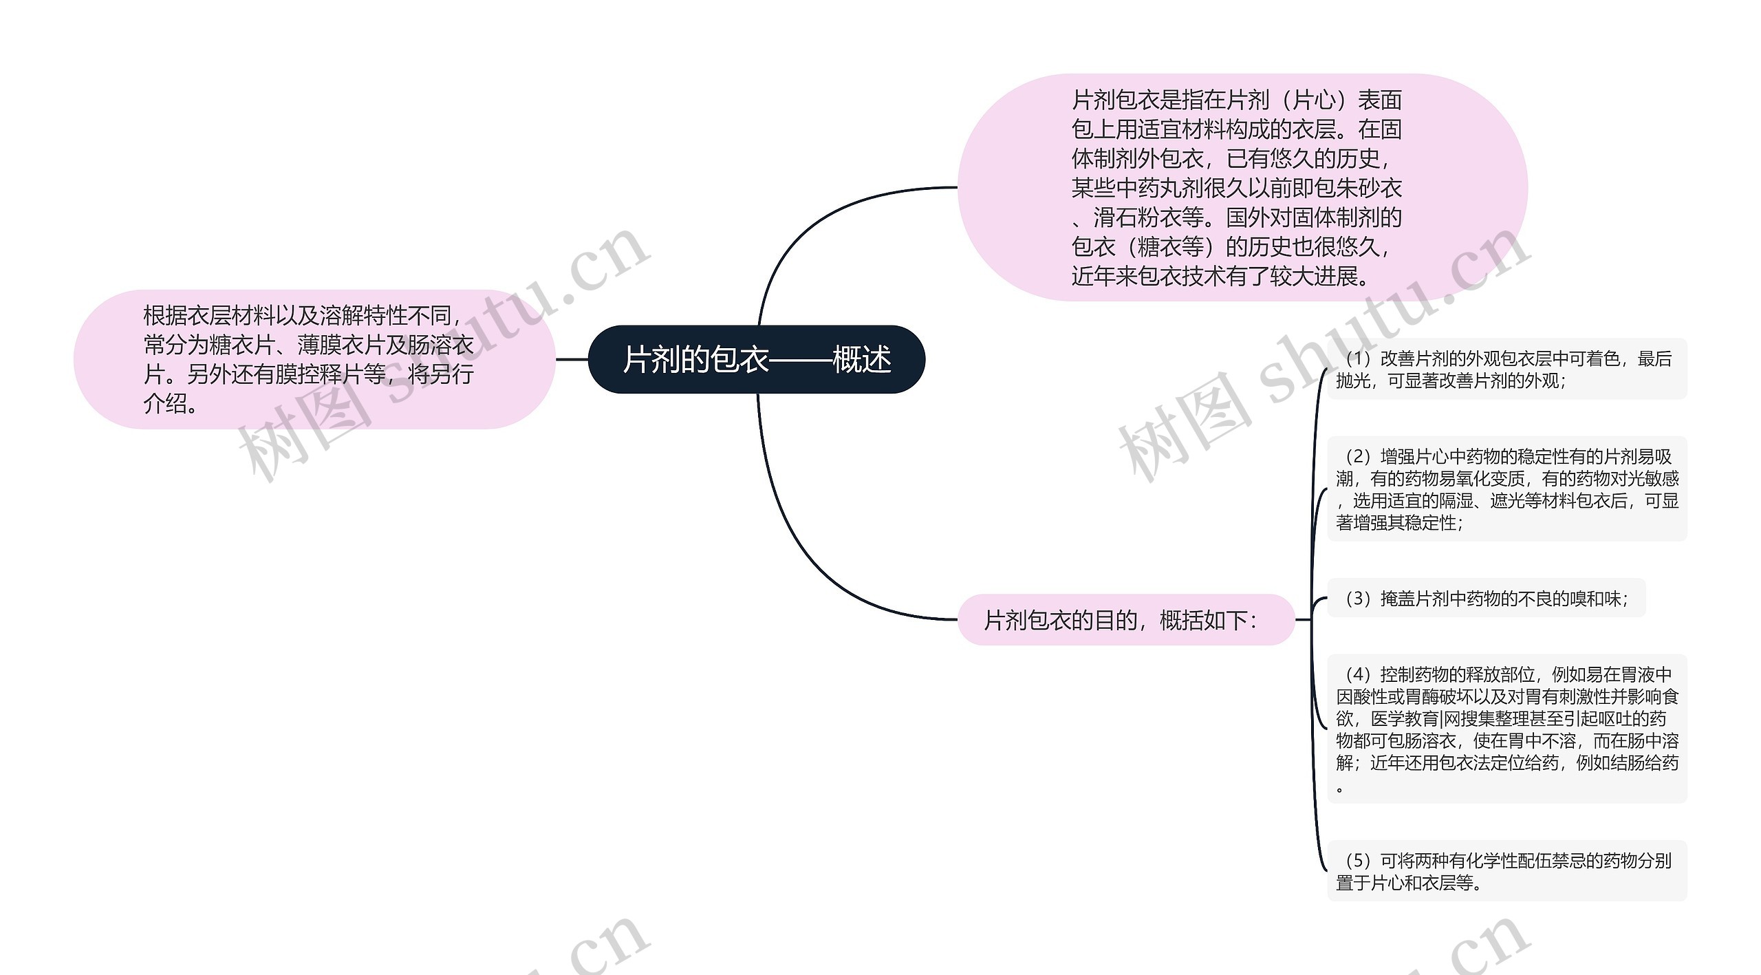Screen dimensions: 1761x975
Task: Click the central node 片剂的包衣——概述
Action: (756, 359)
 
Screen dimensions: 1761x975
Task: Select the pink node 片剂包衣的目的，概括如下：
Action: (1125, 620)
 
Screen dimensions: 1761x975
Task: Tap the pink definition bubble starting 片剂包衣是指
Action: (1242, 187)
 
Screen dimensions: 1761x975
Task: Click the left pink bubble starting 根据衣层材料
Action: (314, 359)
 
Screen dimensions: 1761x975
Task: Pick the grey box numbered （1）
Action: (1506, 369)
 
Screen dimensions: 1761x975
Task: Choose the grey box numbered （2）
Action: (1506, 489)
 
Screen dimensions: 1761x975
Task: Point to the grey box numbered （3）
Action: (1486, 599)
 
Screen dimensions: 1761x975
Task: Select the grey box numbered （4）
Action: (1506, 729)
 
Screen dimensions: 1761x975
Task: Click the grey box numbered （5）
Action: (1506, 870)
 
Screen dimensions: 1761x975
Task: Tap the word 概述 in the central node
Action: (862, 359)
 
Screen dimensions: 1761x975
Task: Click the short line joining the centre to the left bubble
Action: (572, 359)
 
